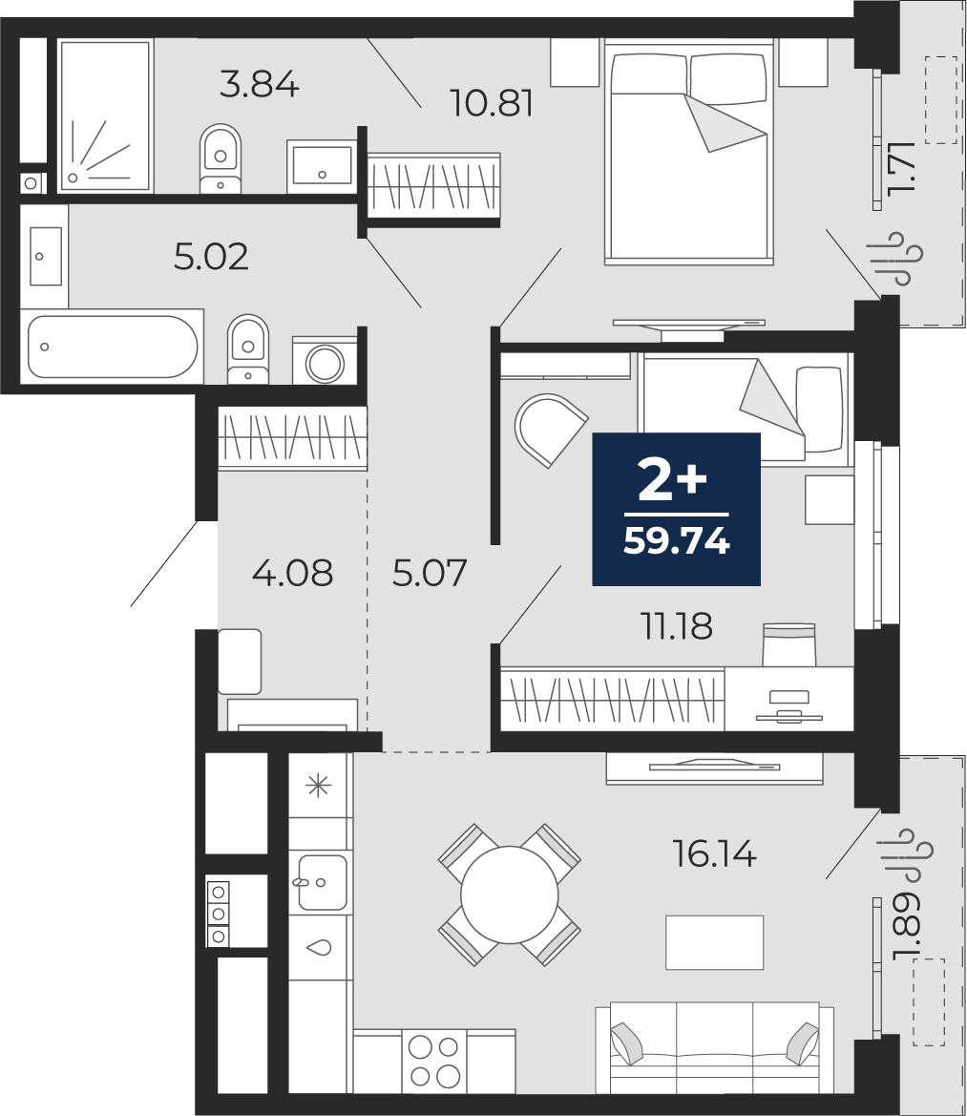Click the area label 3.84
(259, 85)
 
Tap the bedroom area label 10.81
(492, 104)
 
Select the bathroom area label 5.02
(211, 257)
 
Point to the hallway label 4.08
(292, 573)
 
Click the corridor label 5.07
(429, 573)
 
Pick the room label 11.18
(677, 627)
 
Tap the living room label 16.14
(715, 853)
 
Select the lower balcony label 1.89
(906, 928)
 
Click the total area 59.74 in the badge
(677, 541)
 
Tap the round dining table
(510, 895)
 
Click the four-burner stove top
(434, 1061)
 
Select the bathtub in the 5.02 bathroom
(112, 347)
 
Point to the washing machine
(326, 360)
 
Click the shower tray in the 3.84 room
(105, 116)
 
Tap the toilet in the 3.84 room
(221, 158)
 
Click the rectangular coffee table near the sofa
(714, 942)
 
